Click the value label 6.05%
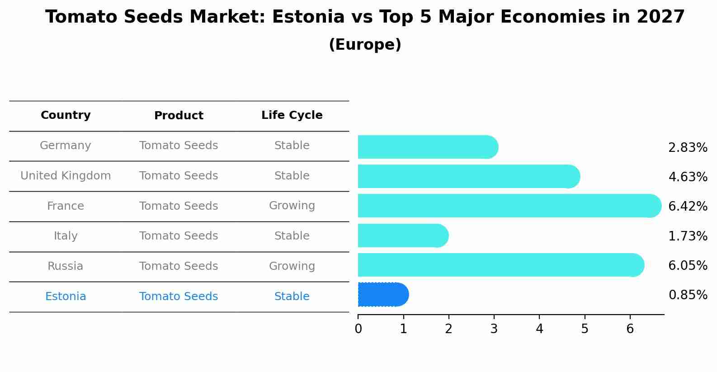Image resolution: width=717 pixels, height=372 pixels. pyautogui.click(x=688, y=266)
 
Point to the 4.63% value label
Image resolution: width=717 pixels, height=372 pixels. pyautogui.click(x=688, y=177)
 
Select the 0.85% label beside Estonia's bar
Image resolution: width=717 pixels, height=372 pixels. pyautogui.click(x=688, y=295)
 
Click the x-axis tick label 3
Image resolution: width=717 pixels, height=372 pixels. pyautogui.click(x=494, y=329)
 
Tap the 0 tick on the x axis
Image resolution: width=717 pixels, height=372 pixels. pyautogui.click(x=358, y=329)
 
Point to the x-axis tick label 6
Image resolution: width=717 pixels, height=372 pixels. pyautogui.click(x=630, y=329)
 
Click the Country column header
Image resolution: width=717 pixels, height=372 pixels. pyautogui.click(x=66, y=115)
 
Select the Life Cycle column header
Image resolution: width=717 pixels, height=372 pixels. pyautogui.click(x=292, y=115)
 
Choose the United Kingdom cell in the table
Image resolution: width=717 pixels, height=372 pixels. pyautogui.click(x=66, y=176)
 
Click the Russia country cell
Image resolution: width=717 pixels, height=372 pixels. pyautogui.click(x=66, y=266)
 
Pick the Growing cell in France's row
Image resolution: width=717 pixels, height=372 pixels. pyautogui.click(x=292, y=206)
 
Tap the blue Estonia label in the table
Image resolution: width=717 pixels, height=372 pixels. pyautogui.click(x=66, y=297)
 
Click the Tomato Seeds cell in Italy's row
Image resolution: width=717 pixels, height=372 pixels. pyautogui.click(x=179, y=236)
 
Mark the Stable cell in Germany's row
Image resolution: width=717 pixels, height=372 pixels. pyautogui.click(x=292, y=146)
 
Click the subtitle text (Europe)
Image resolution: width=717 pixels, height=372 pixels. pyautogui.click(x=365, y=45)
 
